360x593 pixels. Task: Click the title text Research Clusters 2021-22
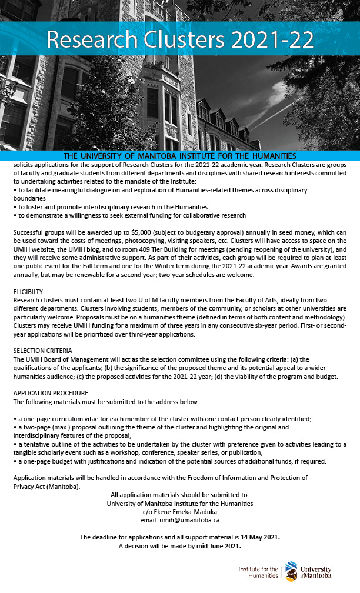180,40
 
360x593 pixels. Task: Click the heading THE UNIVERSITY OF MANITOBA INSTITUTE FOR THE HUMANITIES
180,156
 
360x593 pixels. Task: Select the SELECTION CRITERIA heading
43,350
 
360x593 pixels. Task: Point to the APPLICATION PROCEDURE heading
51,393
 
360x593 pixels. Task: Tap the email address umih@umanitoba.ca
180,520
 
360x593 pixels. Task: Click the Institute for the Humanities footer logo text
259,572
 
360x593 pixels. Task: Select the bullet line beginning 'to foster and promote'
111,207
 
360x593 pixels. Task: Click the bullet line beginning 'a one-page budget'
157,461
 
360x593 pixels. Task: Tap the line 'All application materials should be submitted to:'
180,495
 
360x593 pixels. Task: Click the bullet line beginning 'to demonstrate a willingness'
129,215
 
